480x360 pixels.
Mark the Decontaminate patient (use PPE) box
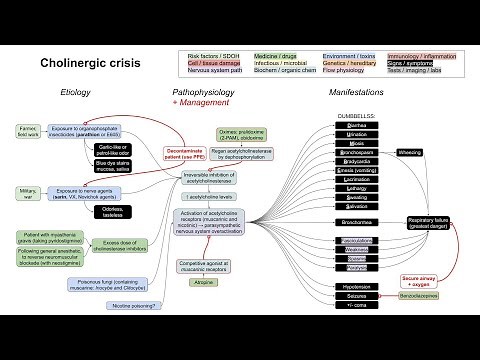tap(186, 154)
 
